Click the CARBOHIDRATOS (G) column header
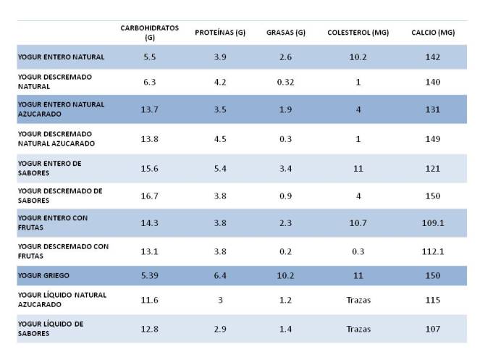(150, 32)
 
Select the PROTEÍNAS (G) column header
(220, 33)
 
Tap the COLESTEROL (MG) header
(358, 33)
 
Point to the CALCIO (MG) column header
(433, 33)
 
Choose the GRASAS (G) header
(285, 33)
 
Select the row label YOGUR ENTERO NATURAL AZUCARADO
(61, 109)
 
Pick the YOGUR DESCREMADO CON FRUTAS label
(63, 251)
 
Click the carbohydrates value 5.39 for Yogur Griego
(150, 276)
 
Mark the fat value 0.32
(285, 82)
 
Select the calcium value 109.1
(433, 223)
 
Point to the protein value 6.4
(220, 276)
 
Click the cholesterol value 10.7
(358, 223)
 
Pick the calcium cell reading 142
(433, 56)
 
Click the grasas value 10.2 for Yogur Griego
(285, 276)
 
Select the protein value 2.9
(220, 329)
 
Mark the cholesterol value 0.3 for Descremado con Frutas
(358, 251)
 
